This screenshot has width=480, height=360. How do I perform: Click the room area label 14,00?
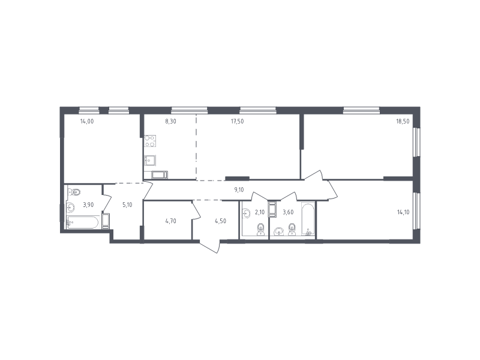pyautogui.click(x=87, y=121)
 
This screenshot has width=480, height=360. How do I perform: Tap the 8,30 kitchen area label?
pyautogui.click(x=170, y=121)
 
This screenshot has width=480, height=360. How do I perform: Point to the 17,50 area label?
pyautogui.click(x=237, y=121)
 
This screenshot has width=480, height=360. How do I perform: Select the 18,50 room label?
pyautogui.click(x=403, y=121)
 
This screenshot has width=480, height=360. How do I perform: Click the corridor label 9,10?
pyautogui.click(x=239, y=190)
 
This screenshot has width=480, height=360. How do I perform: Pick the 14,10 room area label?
pyautogui.click(x=403, y=212)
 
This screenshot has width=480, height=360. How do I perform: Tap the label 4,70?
pyautogui.click(x=170, y=221)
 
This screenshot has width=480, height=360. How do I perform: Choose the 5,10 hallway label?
pyautogui.click(x=127, y=205)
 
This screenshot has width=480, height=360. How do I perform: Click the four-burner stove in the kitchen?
pyautogui.click(x=150, y=141)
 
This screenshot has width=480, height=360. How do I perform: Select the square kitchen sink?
pyautogui.click(x=150, y=160)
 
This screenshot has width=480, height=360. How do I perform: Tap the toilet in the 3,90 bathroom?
pyautogui.click(x=74, y=192)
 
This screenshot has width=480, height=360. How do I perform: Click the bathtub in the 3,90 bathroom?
pyautogui.click(x=83, y=222)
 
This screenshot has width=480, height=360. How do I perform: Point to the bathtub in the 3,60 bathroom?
pyautogui.click(x=308, y=218)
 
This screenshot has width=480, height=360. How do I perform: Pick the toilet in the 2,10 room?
pyautogui.click(x=260, y=230)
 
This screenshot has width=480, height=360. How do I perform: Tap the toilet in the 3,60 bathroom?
pyautogui.click(x=292, y=230)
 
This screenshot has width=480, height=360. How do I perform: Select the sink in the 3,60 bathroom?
pyautogui.click(x=278, y=232)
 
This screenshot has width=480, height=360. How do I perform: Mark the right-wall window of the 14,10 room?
pyautogui.click(x=416, y=211)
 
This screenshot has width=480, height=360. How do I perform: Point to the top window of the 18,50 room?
pyautogui.click(x=361, y=110)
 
